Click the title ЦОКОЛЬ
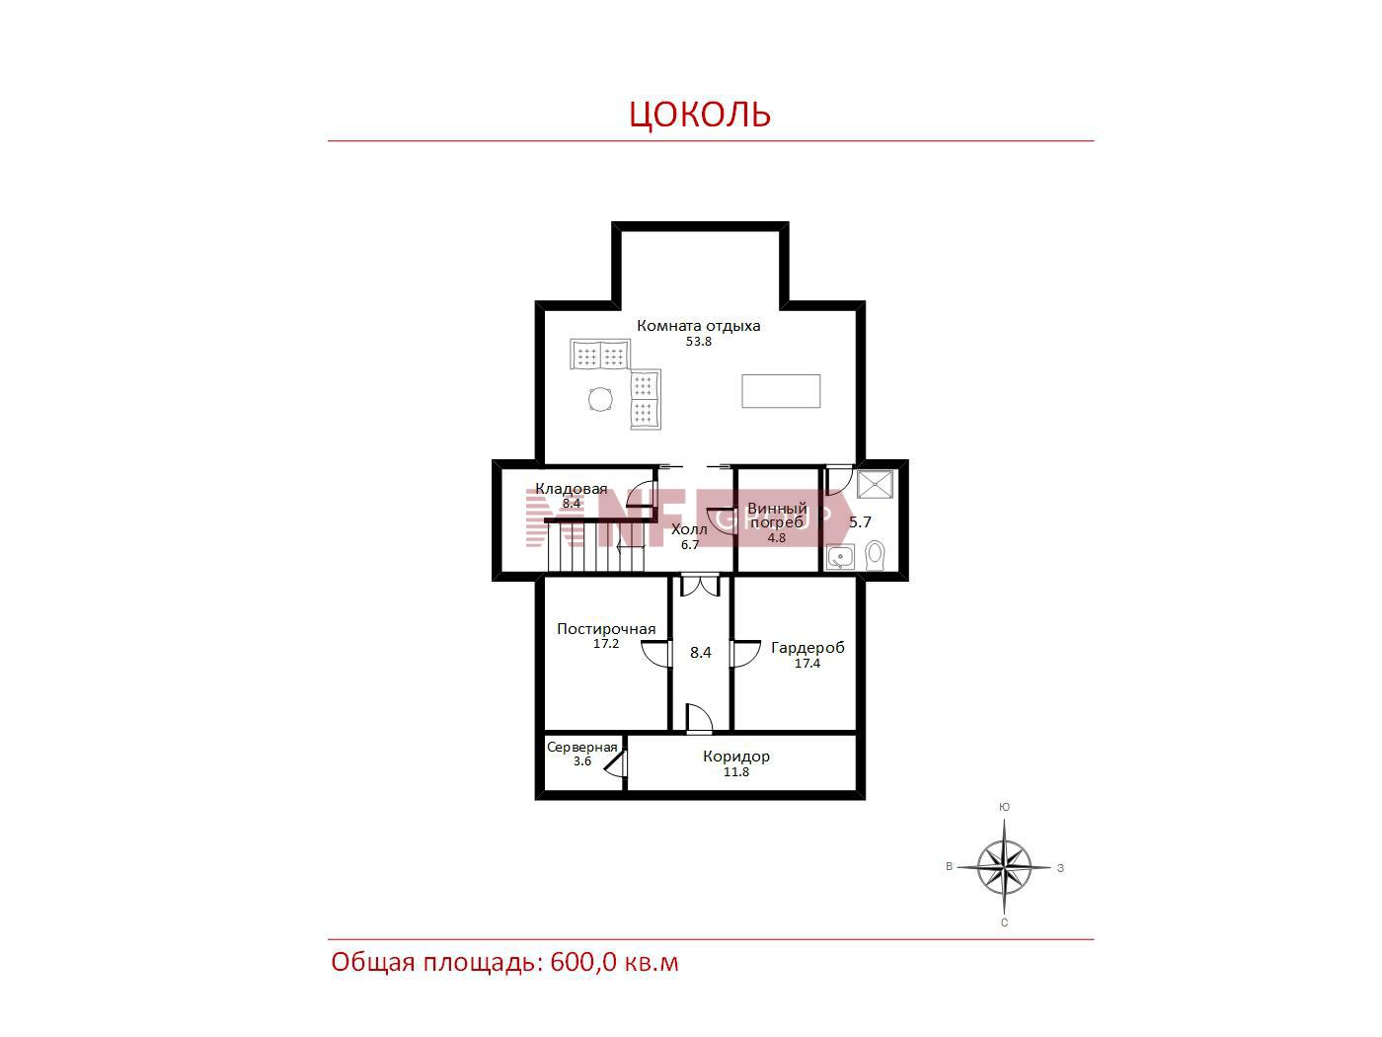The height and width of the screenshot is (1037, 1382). tap(700, 114)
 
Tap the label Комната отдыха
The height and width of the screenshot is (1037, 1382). tap(698, 326)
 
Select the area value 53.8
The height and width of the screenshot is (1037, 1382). tap(698, 342)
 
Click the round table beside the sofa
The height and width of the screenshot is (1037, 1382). tap(600, 399)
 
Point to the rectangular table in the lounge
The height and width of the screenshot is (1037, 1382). tap(781, 391)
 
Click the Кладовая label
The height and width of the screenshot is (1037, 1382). tap(571, 488)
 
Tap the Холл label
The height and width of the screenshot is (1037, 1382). tap(689, 529)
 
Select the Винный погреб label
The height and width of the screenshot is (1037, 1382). tap(777, 515)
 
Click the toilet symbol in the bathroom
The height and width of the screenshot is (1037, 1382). tap(876, 555)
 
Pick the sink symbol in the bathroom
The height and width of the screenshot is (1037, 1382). tap(840, 557)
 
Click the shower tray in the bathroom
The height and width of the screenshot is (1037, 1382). tap(876, 484)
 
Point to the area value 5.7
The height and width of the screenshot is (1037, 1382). tap(860, 522)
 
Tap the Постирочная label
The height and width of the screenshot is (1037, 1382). tap(606, 628)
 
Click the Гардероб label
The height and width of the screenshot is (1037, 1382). tap(807, 647)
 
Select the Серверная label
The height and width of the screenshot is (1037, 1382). tap(581, 748)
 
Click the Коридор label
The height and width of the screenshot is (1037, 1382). tap(736, 757)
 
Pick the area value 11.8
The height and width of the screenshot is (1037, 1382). tap(736, 772)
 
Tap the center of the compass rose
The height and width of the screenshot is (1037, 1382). tap(1004, 867)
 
